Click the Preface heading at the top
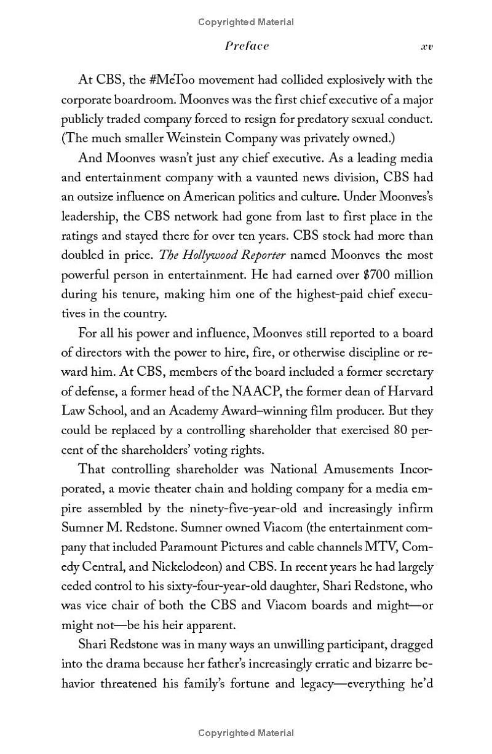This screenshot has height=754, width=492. [x=247, y=46]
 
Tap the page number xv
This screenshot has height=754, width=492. [x=426, y=47]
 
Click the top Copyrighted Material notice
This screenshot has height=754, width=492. [x=246, y=22]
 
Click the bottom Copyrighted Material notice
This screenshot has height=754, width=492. [x=246, y=732]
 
